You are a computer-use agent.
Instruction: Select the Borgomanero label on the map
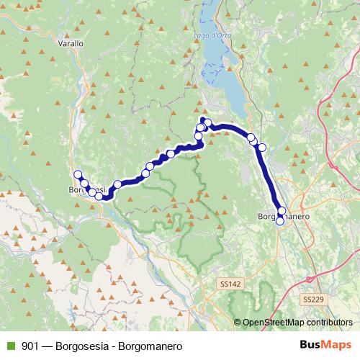pyautogui.click(x=283, y=215)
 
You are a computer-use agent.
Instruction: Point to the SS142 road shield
pyautogui.click(x=230, y=285)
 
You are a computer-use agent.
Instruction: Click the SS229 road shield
pyautogui.click(x=312, y=299)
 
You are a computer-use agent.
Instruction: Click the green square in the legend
pyautogui.click(x=10, y=346)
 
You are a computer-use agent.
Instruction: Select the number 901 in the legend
pyautogui.click(x=30, y=346)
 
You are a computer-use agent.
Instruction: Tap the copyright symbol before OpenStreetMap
pyautogui.click(x=238, y=323)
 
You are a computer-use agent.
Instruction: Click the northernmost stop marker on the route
pyautogui.click(x=204, y=121)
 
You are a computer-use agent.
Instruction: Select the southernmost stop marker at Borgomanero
pyautogui.click(x=280, y=221)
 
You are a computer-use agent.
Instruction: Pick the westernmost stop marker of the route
pyautogui.click(x=78, y=174)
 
